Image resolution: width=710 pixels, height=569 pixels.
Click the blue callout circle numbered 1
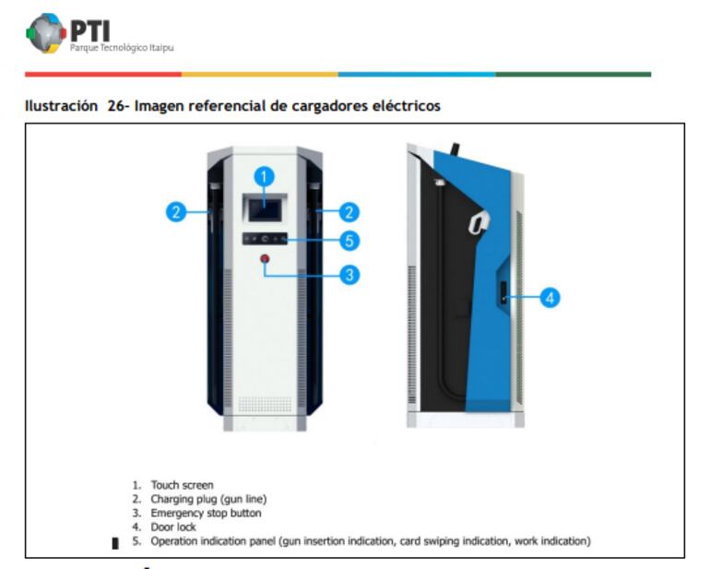[265, 177]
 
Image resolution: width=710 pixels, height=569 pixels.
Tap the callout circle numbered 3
[349, 275]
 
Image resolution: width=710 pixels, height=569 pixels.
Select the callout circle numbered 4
[550, 298]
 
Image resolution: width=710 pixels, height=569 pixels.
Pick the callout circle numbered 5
[349, 241]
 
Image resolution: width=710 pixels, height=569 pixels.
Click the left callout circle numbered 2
[176, 212]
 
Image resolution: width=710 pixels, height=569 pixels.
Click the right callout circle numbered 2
[349, 212]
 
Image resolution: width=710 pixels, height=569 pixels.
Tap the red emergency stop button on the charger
[265, 259]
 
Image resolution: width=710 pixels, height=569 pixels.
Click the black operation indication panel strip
[265, 238]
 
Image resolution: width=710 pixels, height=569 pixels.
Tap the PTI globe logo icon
[46, 33]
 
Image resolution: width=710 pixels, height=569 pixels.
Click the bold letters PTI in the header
[90, 31]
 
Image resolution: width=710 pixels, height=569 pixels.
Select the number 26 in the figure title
[116, 106]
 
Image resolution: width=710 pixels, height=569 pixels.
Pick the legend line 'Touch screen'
[182, 485]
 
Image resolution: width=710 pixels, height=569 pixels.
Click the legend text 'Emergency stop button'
[206, 514]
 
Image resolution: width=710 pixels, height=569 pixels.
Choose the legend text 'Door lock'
[173, 528]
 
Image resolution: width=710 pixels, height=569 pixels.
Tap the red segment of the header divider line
[103, 75]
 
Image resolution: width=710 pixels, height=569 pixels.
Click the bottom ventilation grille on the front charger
[265, 405]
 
